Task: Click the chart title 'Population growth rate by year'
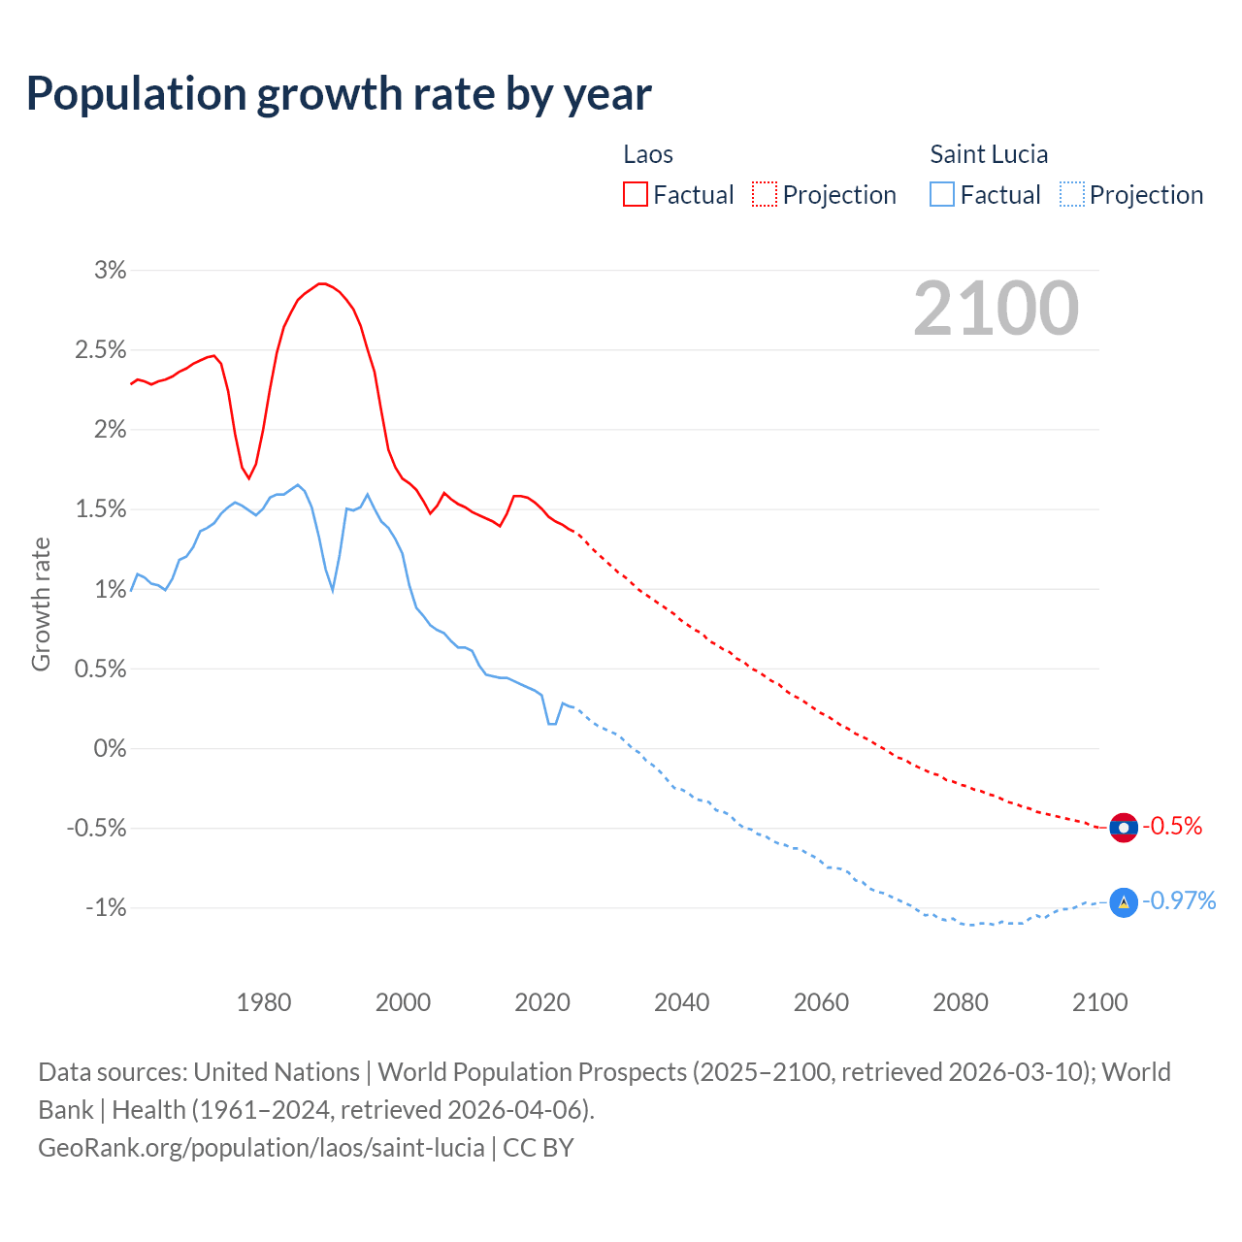(x=339, y=94)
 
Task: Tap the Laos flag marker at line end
(x=1123, y=828)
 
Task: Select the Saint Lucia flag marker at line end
(x=1123, y=902)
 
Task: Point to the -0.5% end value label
(x=1172, y=827)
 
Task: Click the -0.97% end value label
(x=1179, y=901)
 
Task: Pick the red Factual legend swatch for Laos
(x=636, y=195)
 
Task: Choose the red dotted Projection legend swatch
(x=765, y=195)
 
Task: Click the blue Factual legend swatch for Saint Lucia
(x=942, y=195)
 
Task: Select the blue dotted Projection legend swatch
(x=1071, y=195)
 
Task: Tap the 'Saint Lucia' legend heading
(x=989, y=154)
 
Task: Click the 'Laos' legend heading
(x=648, y=154)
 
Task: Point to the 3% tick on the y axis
(x=111, y=271)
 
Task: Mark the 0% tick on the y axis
(x=111, y=749)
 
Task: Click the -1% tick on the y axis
(x=106, y=908)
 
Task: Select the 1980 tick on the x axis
(x=264, y=1002)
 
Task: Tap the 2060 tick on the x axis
(x=821, y=1002)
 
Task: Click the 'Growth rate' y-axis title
(x=41, y=604)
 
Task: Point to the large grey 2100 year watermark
(x=996, y=309)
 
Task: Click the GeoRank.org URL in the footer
(x=261, y=1148)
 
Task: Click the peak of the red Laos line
(x=322, y=283)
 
